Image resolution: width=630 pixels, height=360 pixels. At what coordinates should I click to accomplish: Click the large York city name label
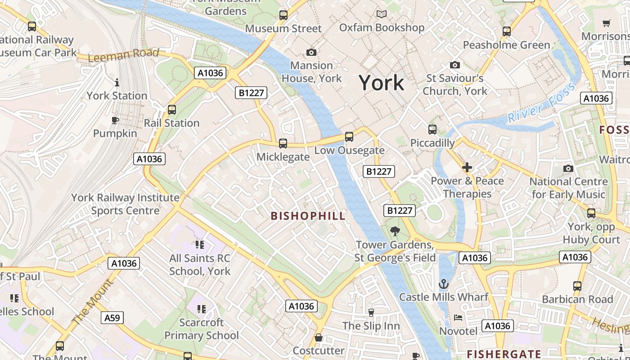point(382,83)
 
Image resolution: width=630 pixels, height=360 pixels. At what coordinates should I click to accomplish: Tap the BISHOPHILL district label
point(308,216)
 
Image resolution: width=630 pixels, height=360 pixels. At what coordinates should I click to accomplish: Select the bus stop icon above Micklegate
point(283,144)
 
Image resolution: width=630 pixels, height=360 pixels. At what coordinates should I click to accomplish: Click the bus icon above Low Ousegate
point(349,137)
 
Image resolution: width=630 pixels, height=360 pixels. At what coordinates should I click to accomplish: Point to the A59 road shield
point(112,318)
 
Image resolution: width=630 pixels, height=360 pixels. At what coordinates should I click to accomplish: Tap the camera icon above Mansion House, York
point(311,53)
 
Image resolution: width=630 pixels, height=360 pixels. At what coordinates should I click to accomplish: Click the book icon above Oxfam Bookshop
point(382,14)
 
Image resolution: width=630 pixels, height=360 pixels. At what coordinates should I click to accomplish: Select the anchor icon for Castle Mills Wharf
point(444,284)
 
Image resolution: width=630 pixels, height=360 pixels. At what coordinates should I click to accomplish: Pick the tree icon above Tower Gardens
point(395,231)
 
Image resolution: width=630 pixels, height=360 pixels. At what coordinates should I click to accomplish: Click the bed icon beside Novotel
point(458,318)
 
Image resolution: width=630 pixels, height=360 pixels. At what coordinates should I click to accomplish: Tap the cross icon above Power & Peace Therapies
point(467,168)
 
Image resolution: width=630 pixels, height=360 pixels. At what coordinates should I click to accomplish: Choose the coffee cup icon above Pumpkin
point(115,120)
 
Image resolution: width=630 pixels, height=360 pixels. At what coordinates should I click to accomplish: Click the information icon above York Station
point(117,82)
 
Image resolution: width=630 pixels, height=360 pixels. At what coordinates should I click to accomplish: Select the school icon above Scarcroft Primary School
point(201,309)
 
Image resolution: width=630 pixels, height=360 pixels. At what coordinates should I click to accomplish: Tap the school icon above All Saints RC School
point(200,245)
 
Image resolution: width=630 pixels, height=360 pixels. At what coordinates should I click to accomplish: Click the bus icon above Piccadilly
point(432,130)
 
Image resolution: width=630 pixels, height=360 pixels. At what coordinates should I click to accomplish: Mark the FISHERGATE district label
point(504,354)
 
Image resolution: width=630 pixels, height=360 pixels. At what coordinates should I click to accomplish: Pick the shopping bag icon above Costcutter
point(319,337)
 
